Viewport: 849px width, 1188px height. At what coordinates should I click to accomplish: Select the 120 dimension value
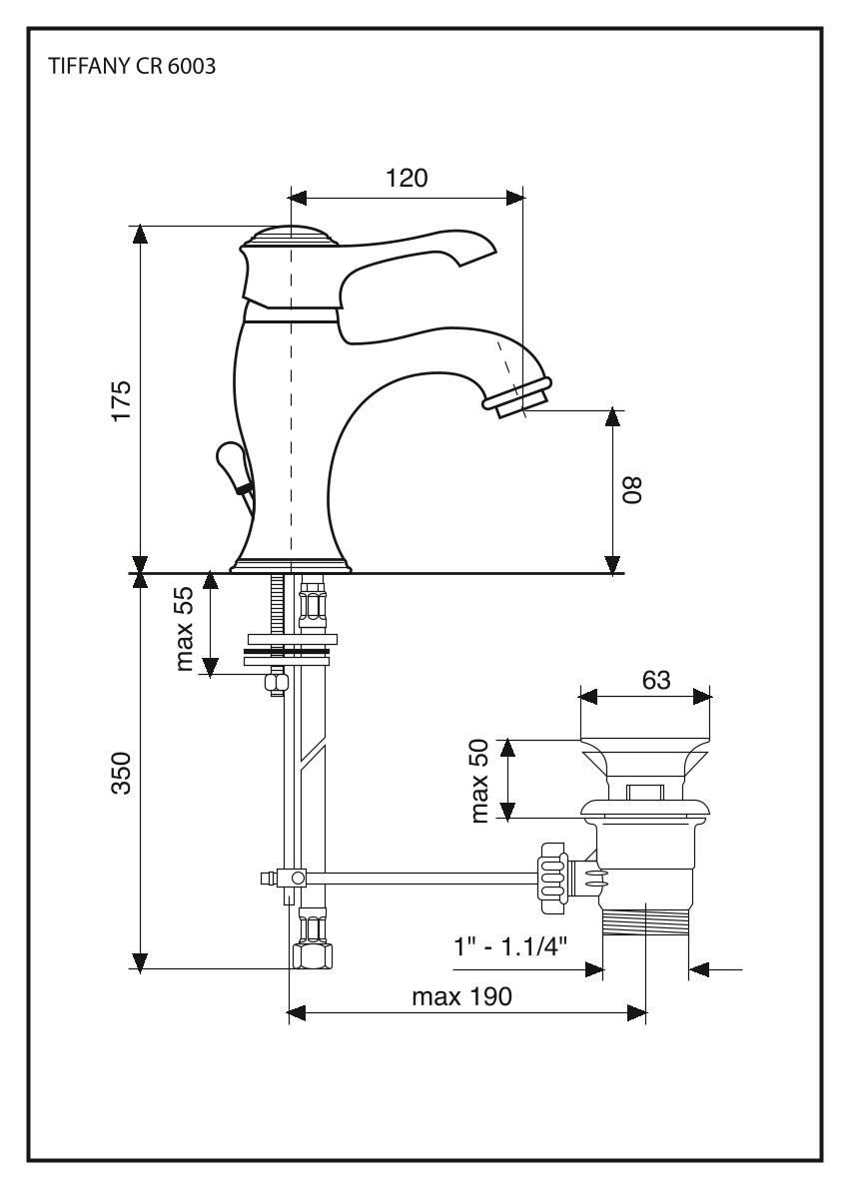pyautogui.click(x=407, y=178)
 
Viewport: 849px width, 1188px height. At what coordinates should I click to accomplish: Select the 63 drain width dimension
pyautogui.click(x=655, y=680)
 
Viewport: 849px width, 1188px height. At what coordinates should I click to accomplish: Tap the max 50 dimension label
pyautogui.click(x=480, y=780)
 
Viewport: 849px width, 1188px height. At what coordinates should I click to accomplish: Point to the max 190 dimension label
pyautogui.click(x=466, y=996)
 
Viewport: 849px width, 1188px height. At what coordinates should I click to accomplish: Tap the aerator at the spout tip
pyautogui.click(x=516, y=395)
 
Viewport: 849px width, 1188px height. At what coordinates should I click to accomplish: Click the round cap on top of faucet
pyautogui.click(x=290, y=238)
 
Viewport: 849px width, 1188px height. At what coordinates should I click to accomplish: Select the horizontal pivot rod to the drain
pyautogui.click(x=420, y=879)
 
